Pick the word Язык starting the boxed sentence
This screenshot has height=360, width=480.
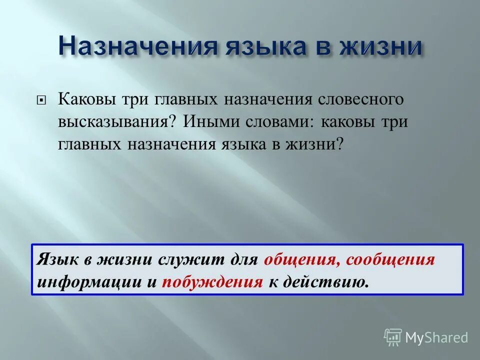[54, 260]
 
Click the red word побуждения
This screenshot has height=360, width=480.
[219, 282]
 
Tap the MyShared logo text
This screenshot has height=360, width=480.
[436, 337]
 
